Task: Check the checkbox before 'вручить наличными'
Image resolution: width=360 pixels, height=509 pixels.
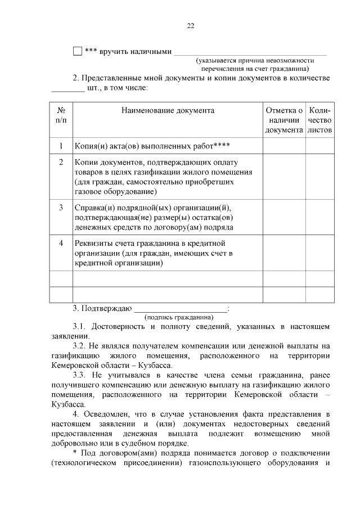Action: pos(78,51)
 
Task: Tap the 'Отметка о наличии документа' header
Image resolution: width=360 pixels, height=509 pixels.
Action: pos(284,120)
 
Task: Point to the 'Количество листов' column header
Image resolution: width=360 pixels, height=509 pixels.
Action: pos(319,120)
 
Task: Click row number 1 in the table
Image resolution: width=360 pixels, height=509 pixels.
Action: pos(61,146)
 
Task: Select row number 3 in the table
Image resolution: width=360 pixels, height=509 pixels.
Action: pos(61,208)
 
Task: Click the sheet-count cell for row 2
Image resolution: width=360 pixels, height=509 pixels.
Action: pos(319,177)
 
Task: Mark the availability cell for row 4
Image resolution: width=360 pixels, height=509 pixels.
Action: pos(284,253)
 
